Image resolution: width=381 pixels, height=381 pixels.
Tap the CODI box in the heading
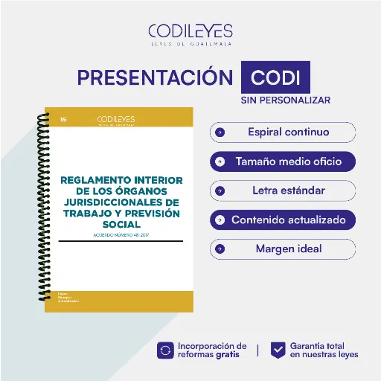click(275, 78)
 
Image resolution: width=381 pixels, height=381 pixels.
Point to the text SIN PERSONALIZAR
click(285, 100)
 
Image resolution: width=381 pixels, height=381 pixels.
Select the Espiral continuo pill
click(283, 132)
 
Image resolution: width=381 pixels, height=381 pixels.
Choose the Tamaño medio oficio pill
click(283, 161)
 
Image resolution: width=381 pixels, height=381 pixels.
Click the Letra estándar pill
click(283, 190)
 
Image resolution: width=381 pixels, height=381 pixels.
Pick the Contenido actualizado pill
click(283, 220)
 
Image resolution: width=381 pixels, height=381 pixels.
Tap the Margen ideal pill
click(283, 249)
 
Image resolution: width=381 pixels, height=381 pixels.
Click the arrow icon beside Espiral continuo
click(220, 132)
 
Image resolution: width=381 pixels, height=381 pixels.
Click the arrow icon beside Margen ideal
click(220, 249)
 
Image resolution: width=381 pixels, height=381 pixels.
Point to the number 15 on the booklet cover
click(63, 118)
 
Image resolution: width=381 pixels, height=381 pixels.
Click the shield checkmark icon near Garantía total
click(278, 350)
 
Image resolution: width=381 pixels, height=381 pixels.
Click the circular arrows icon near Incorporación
click(165, 350)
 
